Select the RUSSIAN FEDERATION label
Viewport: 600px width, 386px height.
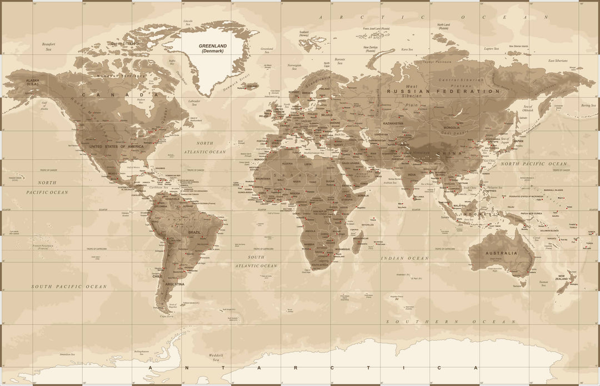click(443, 92)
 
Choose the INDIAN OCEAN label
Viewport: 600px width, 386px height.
click(404, 258)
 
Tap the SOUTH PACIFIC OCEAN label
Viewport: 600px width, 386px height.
click(68, 287)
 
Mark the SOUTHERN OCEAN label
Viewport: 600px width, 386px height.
click(451, 322)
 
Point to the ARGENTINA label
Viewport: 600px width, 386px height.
click(175, 283)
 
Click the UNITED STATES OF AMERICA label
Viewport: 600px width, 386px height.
click(116, 146)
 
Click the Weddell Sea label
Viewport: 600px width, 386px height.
click(215, 357)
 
